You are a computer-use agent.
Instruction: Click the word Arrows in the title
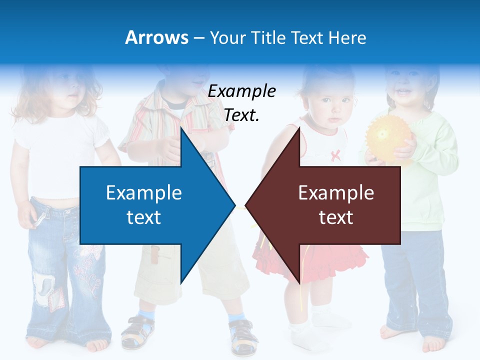(x=156, y=37)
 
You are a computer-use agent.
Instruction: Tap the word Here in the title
(x=347, y=37)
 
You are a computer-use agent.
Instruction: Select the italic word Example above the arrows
(x=241, y=91)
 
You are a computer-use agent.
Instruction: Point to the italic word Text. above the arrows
(x=241, y=115)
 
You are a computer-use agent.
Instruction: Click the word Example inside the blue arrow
(x=143, y=192)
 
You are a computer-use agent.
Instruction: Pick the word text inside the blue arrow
(x=143, y=217)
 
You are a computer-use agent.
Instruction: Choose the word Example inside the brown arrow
(x=336, y=192)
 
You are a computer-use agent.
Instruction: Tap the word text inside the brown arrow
(x=336, y=217)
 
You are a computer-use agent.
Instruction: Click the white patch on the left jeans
(x=44, y=288)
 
